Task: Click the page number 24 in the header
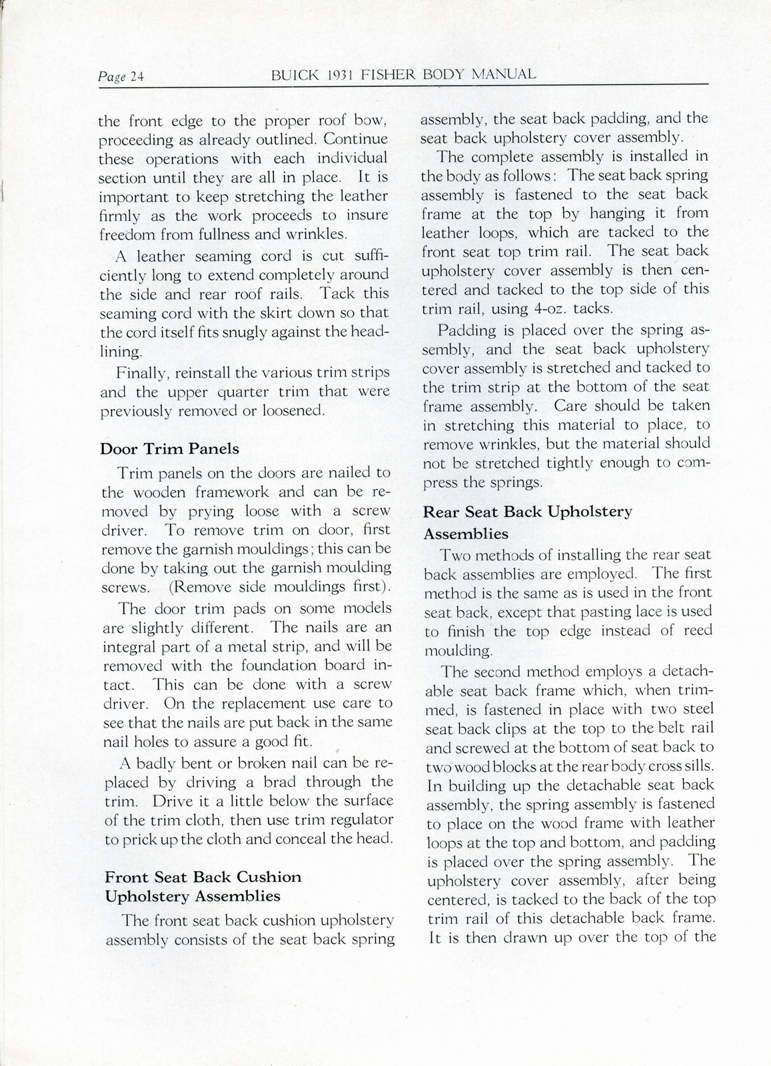[x=137, y=77]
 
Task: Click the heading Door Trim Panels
[x=169, y=448]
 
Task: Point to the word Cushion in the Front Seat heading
[x=269, y=877]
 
